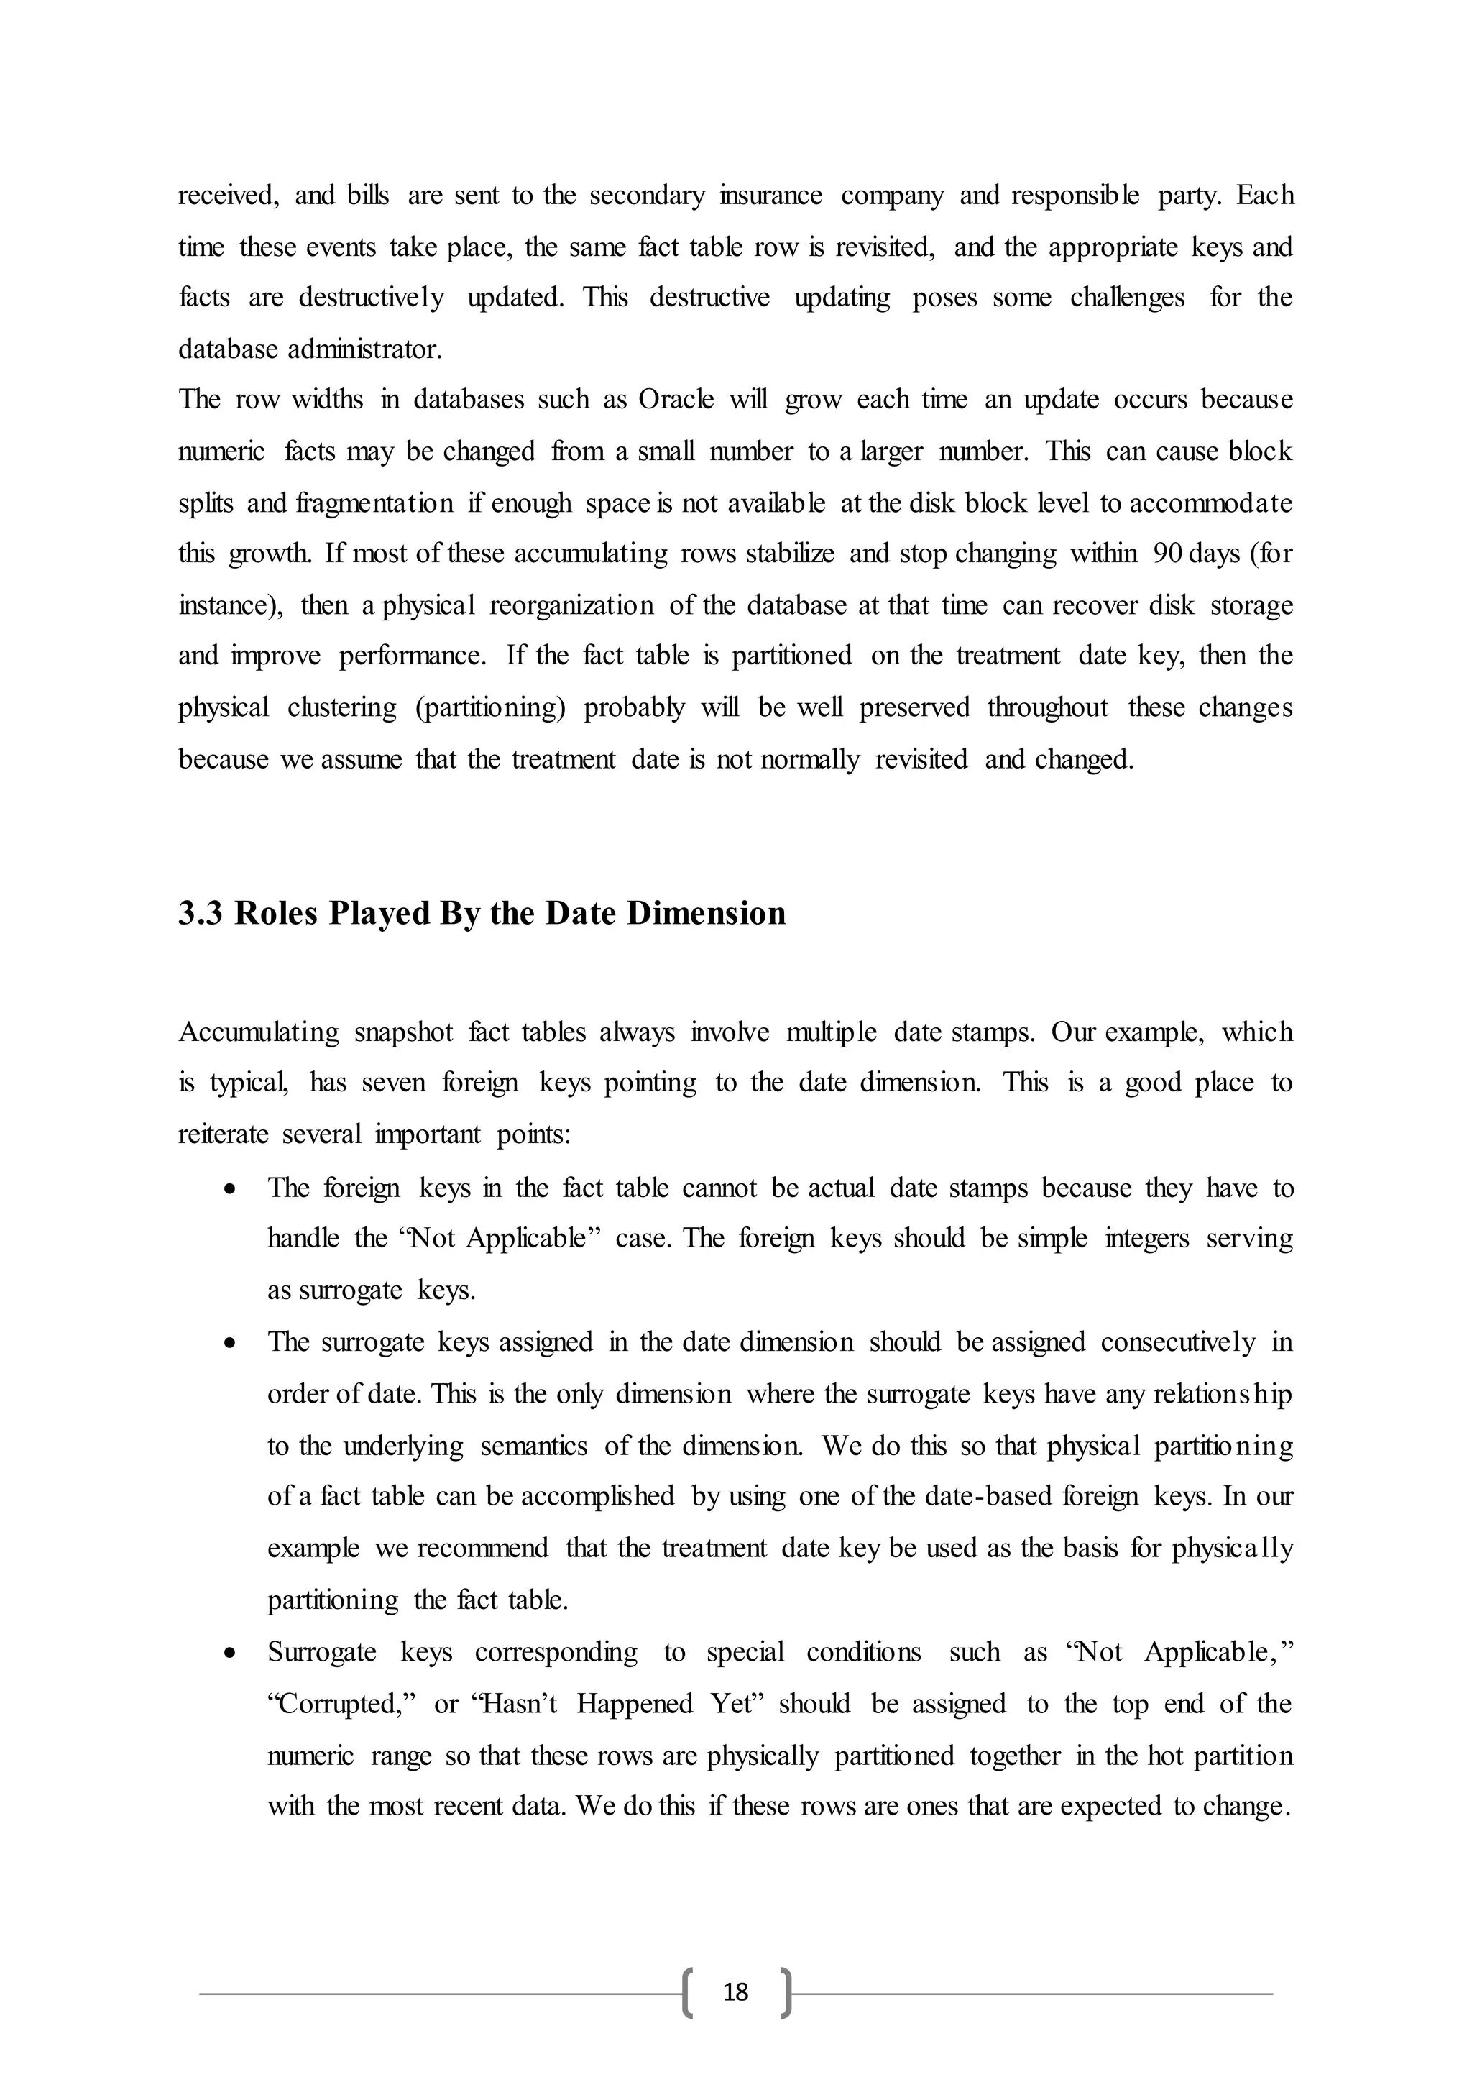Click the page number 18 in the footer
735,1991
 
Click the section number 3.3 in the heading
202,913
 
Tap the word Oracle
676,400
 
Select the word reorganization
571,605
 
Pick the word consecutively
1178,1342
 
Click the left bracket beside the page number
686,1992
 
